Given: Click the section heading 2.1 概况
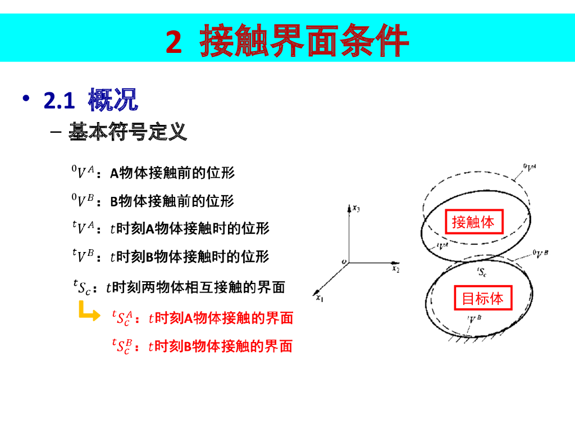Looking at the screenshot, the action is tap(90, 101).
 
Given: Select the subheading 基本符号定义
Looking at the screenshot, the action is tap(127, 133).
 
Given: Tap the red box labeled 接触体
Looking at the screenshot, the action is tap(473, 222).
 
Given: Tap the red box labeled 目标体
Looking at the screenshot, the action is tap(483, 298).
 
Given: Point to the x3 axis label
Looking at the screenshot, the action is tap(356, 209).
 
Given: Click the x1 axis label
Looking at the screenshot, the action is tap(320, 299).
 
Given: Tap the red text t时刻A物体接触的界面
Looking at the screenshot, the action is tap(221, 318).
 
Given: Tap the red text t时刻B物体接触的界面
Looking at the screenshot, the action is tap(220, 346).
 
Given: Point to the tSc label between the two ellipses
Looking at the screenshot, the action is tap(482, 273).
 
